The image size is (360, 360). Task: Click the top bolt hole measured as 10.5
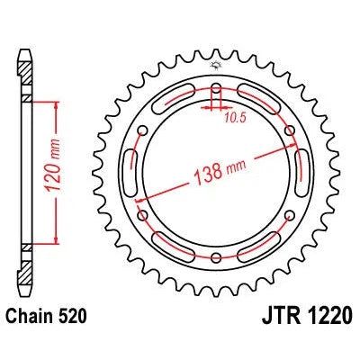(x=217, y=89)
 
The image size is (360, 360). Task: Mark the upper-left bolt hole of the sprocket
(x=145, y=131)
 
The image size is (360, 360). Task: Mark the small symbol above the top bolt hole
(x=217, y=66)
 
